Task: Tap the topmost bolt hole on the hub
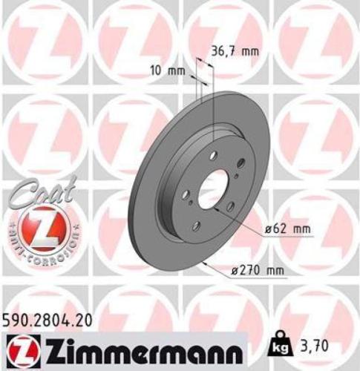(x=213, y=154)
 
